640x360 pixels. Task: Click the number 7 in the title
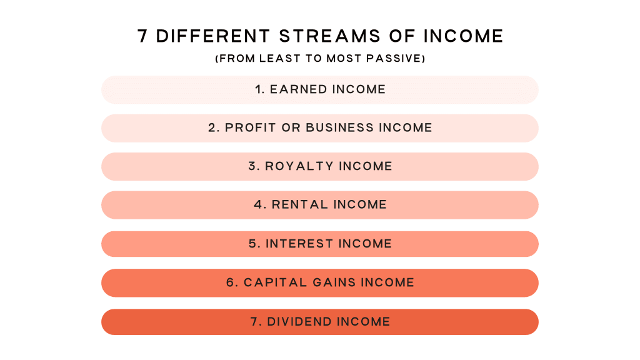(x=142, y=36)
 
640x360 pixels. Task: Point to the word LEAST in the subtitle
(x=275, y=59)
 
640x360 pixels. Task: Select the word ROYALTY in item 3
(x=299, y=166)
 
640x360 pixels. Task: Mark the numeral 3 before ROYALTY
(x=252, y=166)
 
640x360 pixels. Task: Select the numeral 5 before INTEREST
(x=253, y=244)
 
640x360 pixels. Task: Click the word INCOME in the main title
(x=463, y=36)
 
